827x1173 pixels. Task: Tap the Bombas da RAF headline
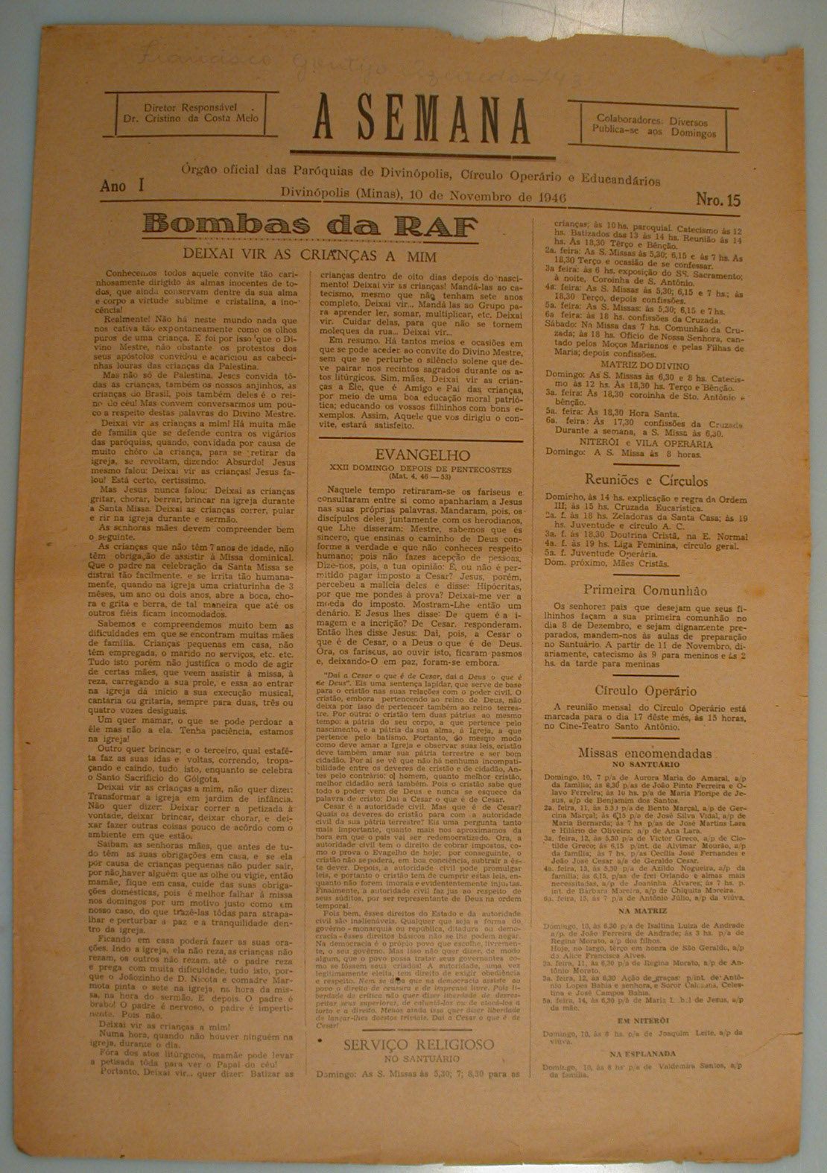(311, 224)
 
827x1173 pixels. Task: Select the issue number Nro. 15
(717, 200)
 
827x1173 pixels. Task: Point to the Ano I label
(122, 188)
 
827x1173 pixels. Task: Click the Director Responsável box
(191, 114)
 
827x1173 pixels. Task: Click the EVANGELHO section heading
(412, 455)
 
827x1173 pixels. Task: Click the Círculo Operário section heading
(646, 690)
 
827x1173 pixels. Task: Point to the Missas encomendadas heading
(644, 753)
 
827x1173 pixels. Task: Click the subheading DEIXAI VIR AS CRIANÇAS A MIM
(309, 255)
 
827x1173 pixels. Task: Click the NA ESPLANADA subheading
(642, 1054)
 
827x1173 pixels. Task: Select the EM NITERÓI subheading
(642, 1019)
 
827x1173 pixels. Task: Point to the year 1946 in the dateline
(549, 195)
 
